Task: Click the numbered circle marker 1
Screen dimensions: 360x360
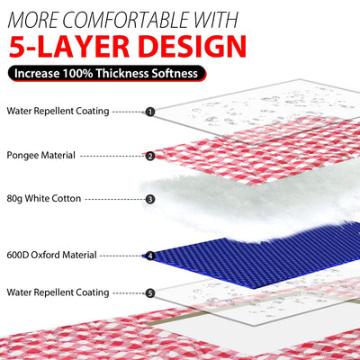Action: [x=150, y=112]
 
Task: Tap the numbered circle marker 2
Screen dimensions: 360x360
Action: [x=150, y=156]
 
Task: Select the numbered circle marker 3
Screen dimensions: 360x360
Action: [x=150, y=199]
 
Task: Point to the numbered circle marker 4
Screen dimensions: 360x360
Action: [x=150, y=256]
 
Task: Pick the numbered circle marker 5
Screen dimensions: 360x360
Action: [x=150, y=292]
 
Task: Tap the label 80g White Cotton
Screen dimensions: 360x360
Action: [x=43, y=198]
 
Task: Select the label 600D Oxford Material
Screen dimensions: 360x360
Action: [x=51, y=255]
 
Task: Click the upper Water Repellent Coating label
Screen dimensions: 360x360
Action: [x=58, y=111]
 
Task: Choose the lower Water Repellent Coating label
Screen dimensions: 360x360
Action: [x=58, y=292]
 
